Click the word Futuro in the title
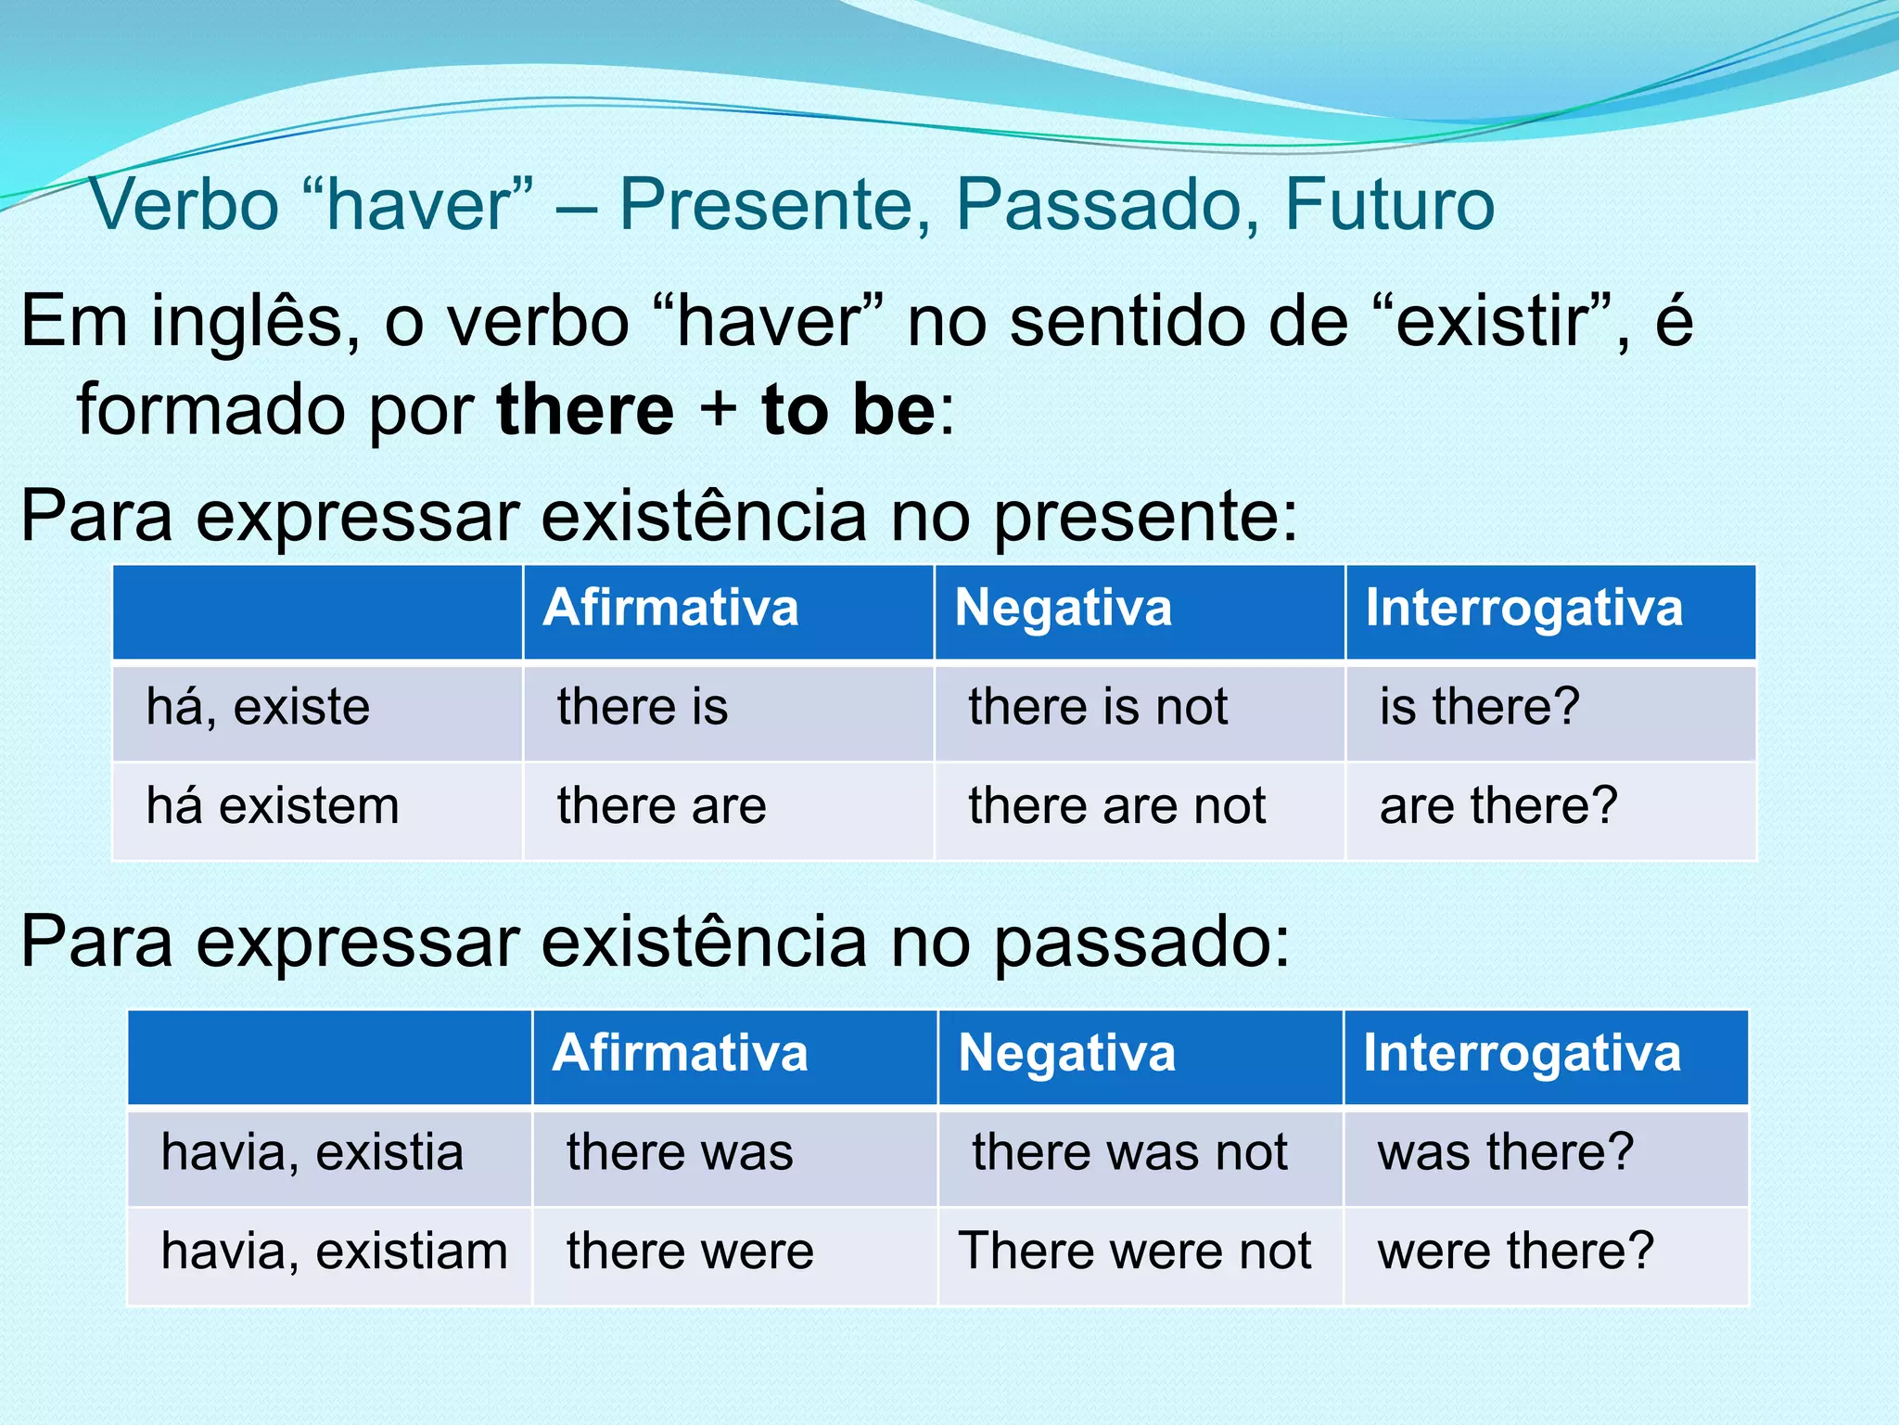click(1389, 204)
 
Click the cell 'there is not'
click(1098, 707)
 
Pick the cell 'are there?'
click(1498, 805)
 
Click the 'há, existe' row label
click(258, 707)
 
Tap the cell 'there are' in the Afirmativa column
click(661, 805)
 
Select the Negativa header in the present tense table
click(1063, 609)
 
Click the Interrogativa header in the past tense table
click(1521, 1054)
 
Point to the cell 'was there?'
click(1505, 1152)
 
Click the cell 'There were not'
click(1134, 1251)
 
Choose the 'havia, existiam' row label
click(334, 1251)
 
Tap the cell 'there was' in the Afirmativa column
click(680, 1152)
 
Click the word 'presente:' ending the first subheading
click(1145, 518)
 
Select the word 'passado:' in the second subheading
click(1141, 943)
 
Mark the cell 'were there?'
click(1515, 1251)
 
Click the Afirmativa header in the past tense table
click(680, 1054)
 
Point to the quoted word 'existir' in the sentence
click(1499, 323)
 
